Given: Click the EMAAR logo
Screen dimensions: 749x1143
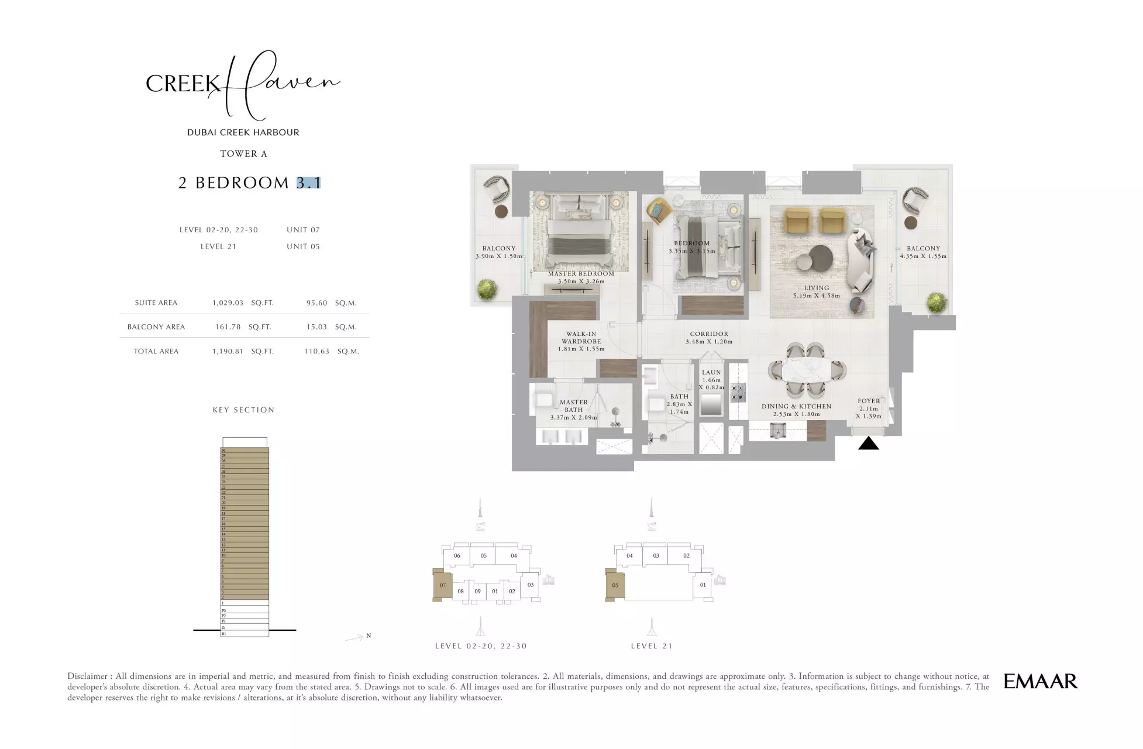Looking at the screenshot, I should [1040, 681].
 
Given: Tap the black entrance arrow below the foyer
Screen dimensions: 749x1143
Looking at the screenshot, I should [868, 444].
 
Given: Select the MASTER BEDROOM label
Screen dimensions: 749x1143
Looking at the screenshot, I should [581, 274].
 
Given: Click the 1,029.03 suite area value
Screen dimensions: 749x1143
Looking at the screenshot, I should [228, 303].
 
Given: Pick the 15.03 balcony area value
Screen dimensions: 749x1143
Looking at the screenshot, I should [316, 327].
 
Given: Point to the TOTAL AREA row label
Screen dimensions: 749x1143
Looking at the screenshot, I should [156, 352].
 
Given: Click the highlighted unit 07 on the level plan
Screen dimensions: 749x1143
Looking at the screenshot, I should [443, 585].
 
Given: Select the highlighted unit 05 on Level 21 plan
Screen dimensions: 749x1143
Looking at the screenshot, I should [615, 585].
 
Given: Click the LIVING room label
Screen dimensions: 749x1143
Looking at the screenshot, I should [816, 288].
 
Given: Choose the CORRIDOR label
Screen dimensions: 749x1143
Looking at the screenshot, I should [708, 334].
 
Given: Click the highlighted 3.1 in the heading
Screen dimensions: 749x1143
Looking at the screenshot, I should [308, 183].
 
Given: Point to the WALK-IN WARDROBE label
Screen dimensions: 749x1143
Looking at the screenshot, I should [581, 338].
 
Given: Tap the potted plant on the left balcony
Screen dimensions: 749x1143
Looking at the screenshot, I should [487, 289].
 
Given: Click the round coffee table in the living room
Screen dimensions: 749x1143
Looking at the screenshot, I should [821, 256].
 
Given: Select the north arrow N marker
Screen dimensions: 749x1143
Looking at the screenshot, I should [368, 635].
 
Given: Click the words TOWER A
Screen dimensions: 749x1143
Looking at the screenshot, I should [243, 154].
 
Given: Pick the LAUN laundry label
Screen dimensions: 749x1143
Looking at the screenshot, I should [711, 372].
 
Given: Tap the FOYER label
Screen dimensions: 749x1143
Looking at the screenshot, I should [868, 401].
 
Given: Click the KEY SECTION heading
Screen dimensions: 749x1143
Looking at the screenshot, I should [243, 410].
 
